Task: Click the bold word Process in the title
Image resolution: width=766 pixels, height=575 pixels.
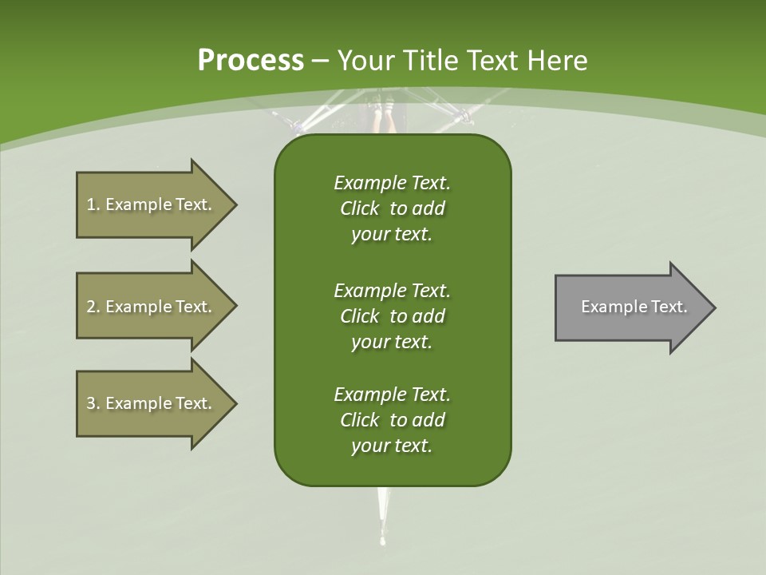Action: [x=251, y=61]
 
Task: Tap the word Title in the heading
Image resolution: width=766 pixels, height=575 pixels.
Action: [x=431, y=61]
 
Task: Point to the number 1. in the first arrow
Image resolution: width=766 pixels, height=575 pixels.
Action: [x=93, y=204]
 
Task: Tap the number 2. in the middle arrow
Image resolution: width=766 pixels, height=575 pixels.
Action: [x=93, y=307]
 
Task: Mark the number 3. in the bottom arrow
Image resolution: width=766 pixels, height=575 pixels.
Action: [x=93, y=403]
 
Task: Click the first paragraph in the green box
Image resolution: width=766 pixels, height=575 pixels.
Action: [x=392, y=208]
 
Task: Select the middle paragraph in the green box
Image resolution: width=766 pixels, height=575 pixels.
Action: [x=392, y=315]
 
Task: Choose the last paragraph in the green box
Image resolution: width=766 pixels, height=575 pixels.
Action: [x=392, y=420]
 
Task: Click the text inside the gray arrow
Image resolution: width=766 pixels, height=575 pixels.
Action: [x=634, y=307]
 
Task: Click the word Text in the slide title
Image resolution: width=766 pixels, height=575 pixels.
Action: [x=491, y=61]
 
